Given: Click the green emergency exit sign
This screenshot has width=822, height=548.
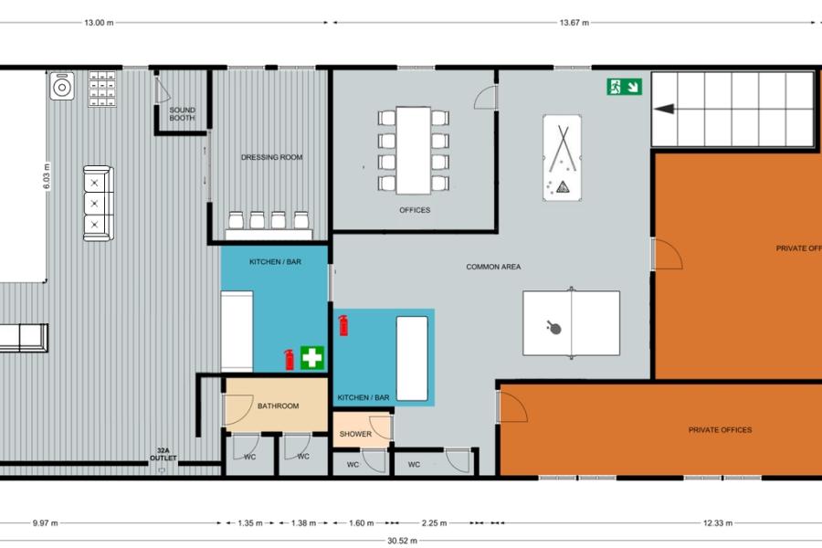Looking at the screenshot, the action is pyautogui.click(x=624, y=87).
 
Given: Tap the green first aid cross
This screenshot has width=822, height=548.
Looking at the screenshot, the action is pyautogui.click(x=312, y=358).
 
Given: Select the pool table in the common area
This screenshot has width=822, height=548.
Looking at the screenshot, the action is pyautogui.click(x=562, y=158).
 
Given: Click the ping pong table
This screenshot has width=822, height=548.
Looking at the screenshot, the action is pyautogui.click(x=572, y=323).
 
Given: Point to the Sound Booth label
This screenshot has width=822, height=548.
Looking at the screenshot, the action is pyautogui.click(x=182, y=114).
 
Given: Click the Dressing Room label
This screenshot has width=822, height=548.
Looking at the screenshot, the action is pyautogui.click(x=271, y=157).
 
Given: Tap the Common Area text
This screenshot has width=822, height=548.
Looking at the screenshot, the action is pyautogui.click(x=493, y=267).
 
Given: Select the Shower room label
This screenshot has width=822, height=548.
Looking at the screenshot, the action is pyautogui.click(x=355, y=434).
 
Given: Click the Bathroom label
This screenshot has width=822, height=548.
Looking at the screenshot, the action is pyautogui.click(x=278, y=406).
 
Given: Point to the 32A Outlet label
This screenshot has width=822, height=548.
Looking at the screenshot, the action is pyautogui.click(x=163, y=454).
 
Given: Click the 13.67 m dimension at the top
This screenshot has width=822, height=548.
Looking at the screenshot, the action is pyautogui.click(x=574, y=23).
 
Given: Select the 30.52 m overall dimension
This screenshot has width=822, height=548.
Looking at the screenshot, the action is pyautogui.click(x=402, y=541).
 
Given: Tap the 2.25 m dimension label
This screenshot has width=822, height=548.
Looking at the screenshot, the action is pyautogui.click(x=434, y=522).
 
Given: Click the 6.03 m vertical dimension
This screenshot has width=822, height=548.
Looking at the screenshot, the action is pyautogui.click(x=47, y=177).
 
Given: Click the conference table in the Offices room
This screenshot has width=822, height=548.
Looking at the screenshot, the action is pyautogui.click(x=413, y=151).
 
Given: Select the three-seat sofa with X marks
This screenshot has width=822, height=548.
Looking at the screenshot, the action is pyautogui.click(x=98, y=204).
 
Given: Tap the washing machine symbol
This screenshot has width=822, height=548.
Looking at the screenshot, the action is pyautogui.click(x=62, y=86).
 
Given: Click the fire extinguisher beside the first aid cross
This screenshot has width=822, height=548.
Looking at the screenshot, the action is pyautogui.click(x=289, y=360).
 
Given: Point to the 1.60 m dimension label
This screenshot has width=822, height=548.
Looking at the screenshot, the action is pyautogui.click(x=361, y=522).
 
